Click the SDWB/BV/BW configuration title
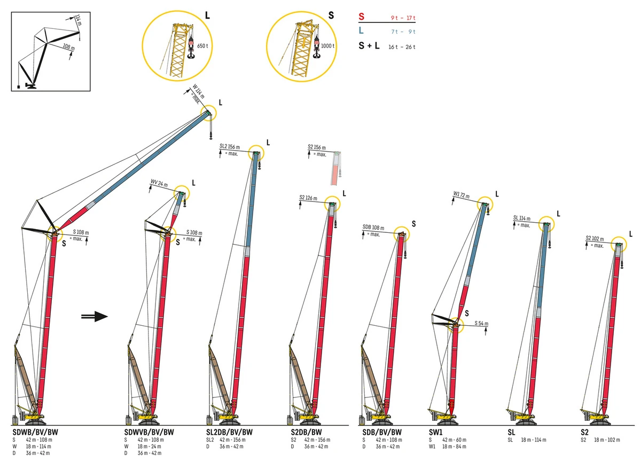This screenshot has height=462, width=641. (35, 432)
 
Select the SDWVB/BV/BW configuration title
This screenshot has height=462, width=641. (149, 432)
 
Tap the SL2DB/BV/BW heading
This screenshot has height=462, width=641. (229, 432)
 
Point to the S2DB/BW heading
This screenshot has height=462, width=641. (307, 432)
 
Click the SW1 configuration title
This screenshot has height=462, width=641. (436, 432)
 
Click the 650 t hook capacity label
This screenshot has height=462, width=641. (202, 46)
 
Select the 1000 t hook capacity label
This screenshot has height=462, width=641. (327, 46)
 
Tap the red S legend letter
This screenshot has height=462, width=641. (362, 18)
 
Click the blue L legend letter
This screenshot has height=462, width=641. (362, 32)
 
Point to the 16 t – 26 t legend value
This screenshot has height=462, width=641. (402, 47)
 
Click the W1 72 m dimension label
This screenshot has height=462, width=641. (463, 194)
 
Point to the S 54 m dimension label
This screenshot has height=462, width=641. (481, 324)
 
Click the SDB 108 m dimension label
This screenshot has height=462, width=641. (373, 228)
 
